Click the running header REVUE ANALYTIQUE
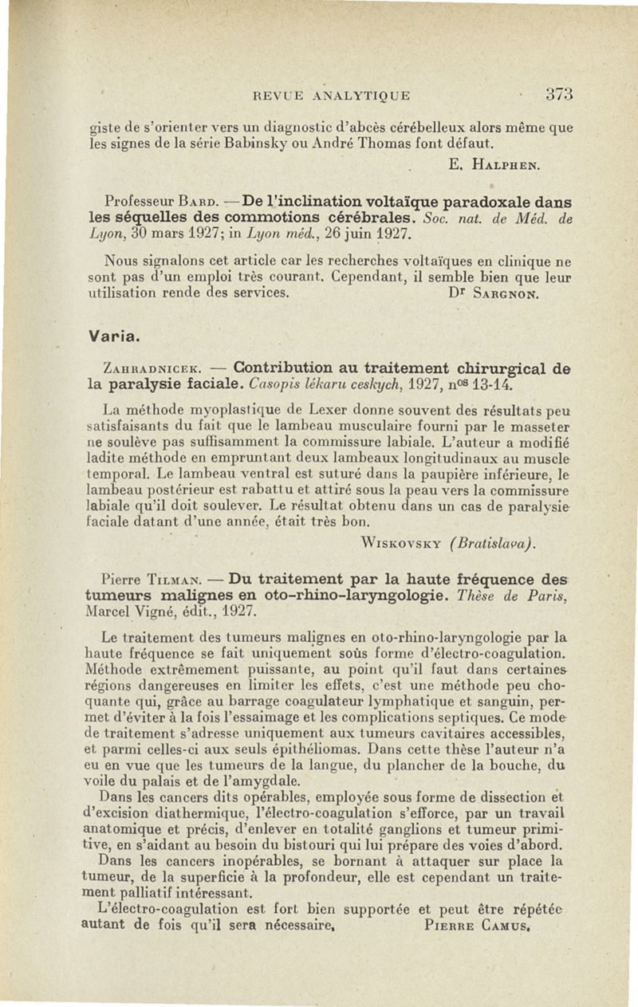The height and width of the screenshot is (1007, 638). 330,96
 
